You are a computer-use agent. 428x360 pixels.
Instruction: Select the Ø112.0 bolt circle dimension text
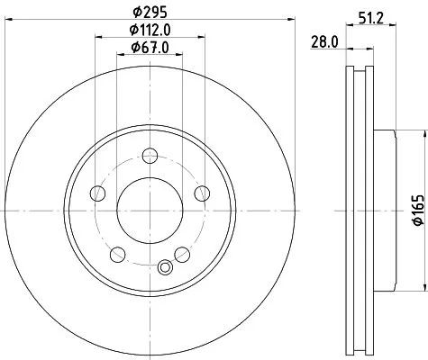(x=149, y=31)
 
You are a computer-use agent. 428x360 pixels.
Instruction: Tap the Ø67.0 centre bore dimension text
(x=149, y=47)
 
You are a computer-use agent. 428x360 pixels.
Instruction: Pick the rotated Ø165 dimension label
(x=418, y=214)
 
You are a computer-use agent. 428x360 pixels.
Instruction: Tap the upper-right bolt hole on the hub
(x=202, y=191)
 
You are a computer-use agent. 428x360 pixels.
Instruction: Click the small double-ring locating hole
(x=164, y=266)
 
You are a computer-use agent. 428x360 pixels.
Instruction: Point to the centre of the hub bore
(x=150, y=206)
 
